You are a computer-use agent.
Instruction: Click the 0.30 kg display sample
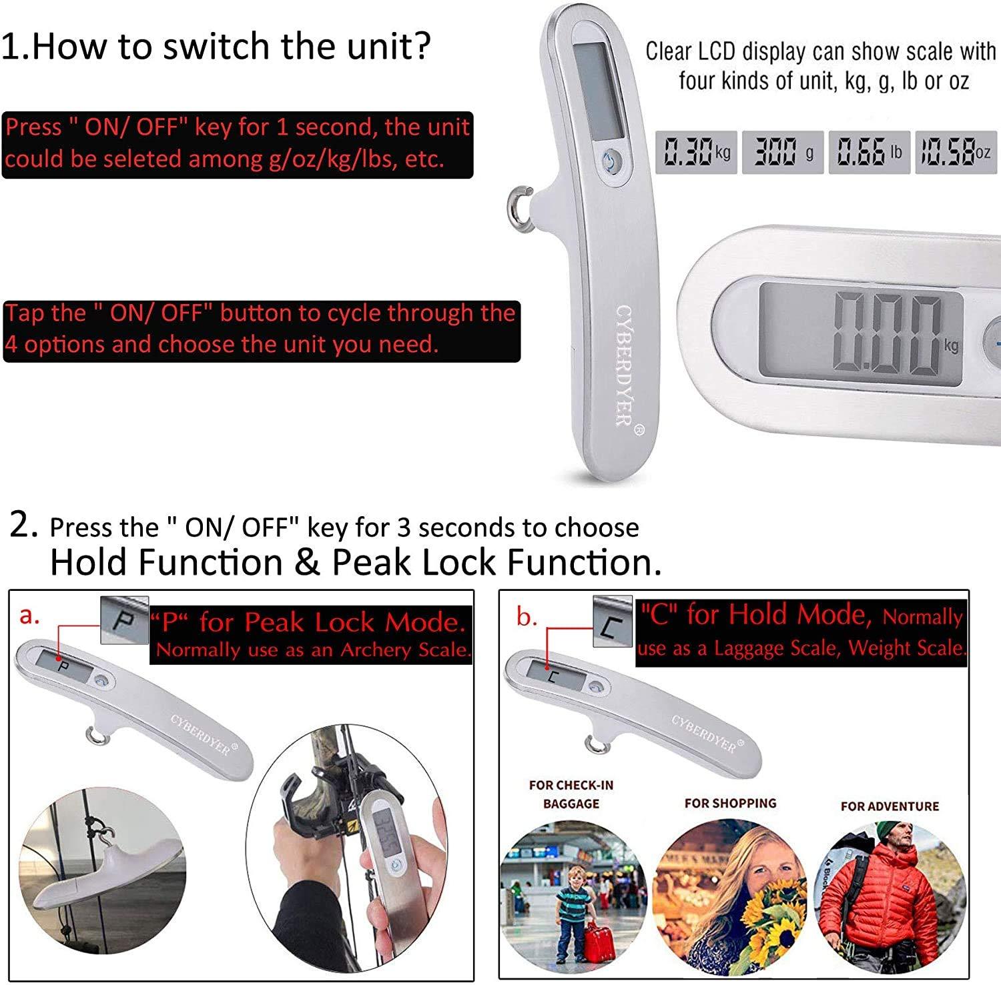(696, 153)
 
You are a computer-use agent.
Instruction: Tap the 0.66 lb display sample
(869, 153)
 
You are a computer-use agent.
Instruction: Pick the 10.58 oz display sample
(956, 153)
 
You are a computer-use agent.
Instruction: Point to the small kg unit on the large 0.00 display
(951, 345)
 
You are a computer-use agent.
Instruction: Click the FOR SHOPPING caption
(730, 803)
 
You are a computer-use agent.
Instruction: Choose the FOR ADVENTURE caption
(890, 806)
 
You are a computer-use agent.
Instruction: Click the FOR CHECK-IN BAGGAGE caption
(571, 794)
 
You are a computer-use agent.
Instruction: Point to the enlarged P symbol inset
(124, 620)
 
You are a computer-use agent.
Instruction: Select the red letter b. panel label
(527, 618)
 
